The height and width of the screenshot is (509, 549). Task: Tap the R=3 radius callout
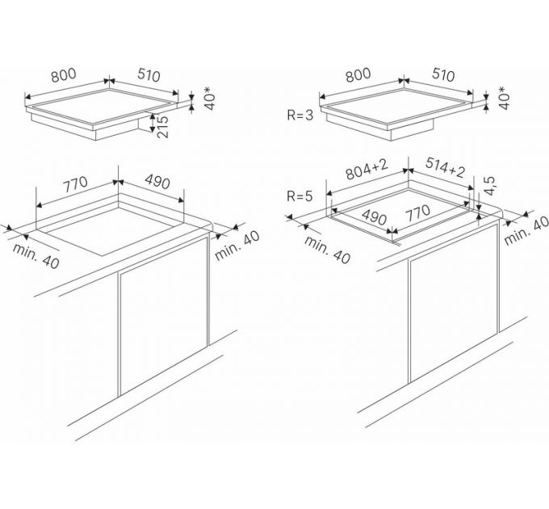[300, 116]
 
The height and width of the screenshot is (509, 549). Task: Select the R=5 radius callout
[300, 196]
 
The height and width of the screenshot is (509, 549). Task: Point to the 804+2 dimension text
[367, 169]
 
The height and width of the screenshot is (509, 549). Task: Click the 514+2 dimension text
[445, 167]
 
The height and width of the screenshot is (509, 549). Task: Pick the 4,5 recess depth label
[491, 185]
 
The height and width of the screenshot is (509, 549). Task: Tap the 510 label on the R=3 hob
[443, 74]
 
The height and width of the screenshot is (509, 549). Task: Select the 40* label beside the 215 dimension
[208, 99]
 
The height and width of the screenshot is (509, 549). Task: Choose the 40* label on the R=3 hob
[503, 98]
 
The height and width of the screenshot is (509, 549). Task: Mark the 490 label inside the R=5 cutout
[375, 217]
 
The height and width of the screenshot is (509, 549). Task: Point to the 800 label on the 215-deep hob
[63, 75]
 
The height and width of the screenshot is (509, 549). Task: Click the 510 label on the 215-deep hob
[149, 75]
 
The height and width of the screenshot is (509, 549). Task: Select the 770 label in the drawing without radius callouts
[75, 184]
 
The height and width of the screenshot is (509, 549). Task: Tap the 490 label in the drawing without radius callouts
[157, 182]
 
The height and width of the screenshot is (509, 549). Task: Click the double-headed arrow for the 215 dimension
[153, 122]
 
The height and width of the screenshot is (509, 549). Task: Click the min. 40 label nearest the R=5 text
[327, 250]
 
